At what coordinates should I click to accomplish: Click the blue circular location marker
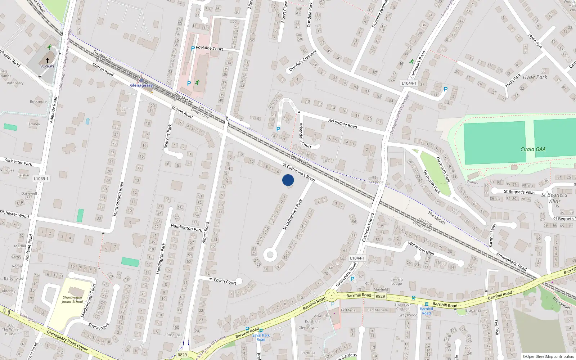(x=288, y=180)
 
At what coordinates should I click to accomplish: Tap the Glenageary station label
(x=141, y=85)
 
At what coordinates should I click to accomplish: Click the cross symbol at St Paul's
(x=47, y=60)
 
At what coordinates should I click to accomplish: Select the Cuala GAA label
(x=533, y=149)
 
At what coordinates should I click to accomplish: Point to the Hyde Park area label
(x=535, y=77)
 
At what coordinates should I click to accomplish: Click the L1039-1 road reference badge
(x=41, y=179)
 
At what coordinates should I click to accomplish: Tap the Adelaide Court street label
(x=210, y=48)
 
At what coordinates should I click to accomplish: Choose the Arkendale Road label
(x=342, y=123)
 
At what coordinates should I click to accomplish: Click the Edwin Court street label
(x=225, y=281)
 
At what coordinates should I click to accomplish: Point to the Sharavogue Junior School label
(x=72, y=300)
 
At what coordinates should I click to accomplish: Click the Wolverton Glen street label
(x=421, y=248)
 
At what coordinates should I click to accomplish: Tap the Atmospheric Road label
(x=511, y=262)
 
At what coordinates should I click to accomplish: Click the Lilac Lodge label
(x=374, y=182)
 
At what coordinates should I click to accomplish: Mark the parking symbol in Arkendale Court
(x=278, y=129)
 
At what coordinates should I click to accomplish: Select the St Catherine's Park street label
(x=293, y=215)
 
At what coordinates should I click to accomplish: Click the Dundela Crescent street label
(x=303, y=61)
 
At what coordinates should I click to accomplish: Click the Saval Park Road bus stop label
(x=261, y=337)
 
